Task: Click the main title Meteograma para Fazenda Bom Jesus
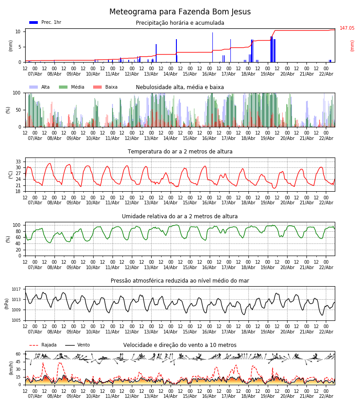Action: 180,12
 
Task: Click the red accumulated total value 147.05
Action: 347,28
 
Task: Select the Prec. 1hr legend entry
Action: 45,22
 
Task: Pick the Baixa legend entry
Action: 105,87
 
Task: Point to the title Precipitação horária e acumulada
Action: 180,23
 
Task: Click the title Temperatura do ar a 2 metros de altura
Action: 180,152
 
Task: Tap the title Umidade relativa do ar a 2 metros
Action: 180,216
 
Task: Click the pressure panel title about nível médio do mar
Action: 180,281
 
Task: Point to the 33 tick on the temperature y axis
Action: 18,162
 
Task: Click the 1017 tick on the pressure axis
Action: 17,289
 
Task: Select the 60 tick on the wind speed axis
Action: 18,354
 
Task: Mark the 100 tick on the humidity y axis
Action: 17,225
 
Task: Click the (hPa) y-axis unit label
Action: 7,303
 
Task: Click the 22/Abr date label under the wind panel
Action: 326,396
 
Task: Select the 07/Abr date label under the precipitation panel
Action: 35,74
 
